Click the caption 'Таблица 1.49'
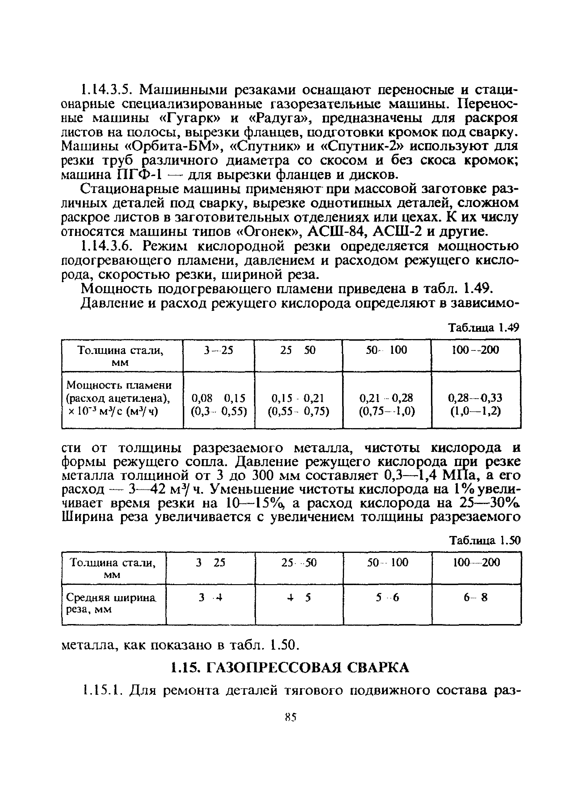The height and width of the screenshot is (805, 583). (x=484, y=328)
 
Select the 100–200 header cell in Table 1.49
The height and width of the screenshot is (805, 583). (x=475, y=350)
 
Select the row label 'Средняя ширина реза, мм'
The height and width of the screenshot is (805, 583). (x=111, y=603)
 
